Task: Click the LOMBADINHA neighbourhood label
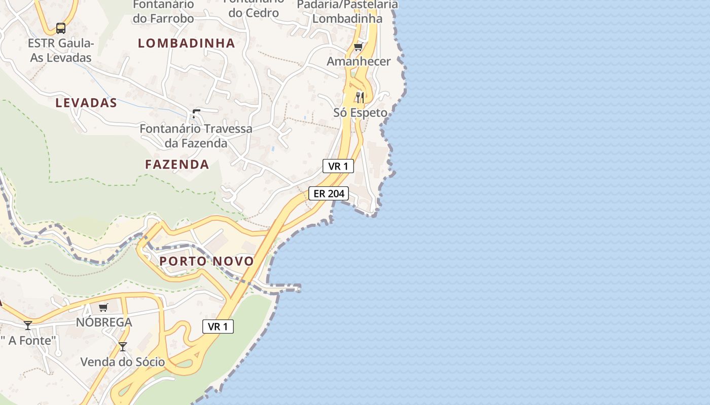pyautogui.click(x=187, y=43)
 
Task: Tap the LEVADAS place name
pyautogui.click(x=86, y=103)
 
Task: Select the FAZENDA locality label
pyautogui.click(x=177, y=164)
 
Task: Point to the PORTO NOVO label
pyautogui.click(x=206, y=261)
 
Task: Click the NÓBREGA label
pyautogui.click(x=104, y=322)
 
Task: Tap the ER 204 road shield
pyautogui.click(x=329, y=193)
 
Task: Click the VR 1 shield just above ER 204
pyautogui.click(x=338, y=166)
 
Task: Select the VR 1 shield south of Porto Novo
pyautogui.click(x=218, y=327)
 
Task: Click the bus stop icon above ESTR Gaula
pyautogui.click(x=61, y=28)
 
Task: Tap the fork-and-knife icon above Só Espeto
pyautogui.click(x=360, y=97)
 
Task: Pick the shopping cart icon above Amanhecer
pyautogui.click(x=359, y=47)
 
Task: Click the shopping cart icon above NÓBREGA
pyautogui.click(x=103, y=307)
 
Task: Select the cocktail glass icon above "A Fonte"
pyautogui.click(x=28, y=325)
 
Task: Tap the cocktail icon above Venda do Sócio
pyautogui.click(x=123, y=347)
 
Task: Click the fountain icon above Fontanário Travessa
pyautogui.click(x=196, y=113)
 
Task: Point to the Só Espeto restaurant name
pyautogui.click(x=360, y=112)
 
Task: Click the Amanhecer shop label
pyautogui.click(x=359, y=61)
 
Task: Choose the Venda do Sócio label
pyautogui.click(x=123, y=362)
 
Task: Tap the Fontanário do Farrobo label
pyautogui.click(x=163, y=11)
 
